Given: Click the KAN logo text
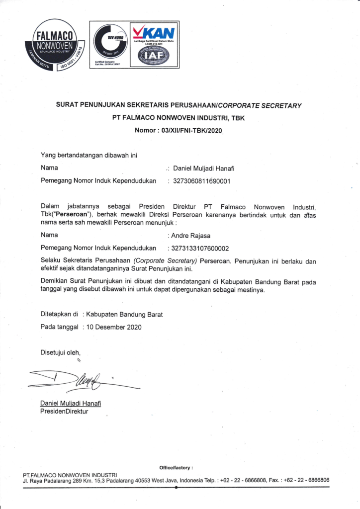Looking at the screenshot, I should (x=156, y=33).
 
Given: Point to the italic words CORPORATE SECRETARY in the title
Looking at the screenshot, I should (x=260, y=105).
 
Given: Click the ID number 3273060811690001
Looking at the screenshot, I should (x=201, y=181).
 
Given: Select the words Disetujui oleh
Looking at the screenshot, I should (x=60, y=352).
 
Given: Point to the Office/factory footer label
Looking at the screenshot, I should (x=176, y=468).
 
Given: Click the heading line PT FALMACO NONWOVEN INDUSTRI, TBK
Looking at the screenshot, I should (x=180, y=118).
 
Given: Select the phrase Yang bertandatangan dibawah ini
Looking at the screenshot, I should (x=89, y=155).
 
